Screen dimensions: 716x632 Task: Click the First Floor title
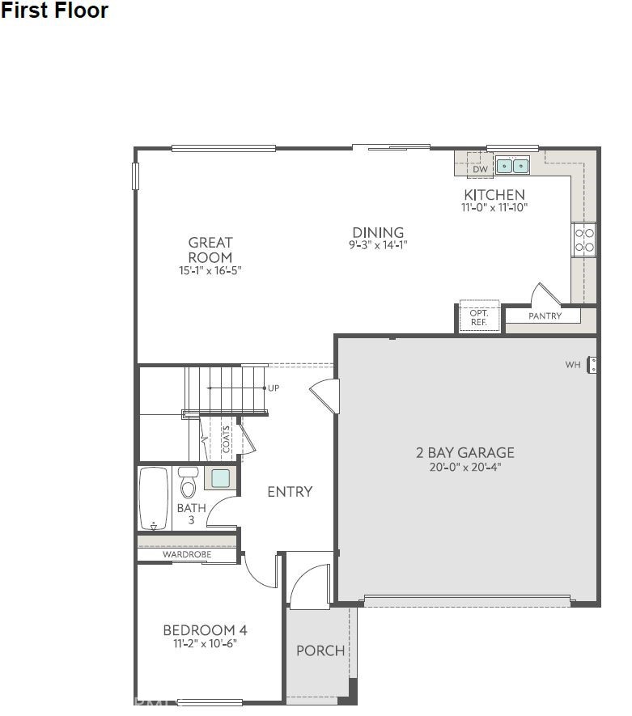point(54,11)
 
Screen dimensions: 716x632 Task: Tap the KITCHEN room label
point(494,195)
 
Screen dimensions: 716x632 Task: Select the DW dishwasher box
point(480,168)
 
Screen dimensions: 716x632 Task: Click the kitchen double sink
point(512,166)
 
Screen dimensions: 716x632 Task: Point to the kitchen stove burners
point(584,239)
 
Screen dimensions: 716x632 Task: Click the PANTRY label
point(545,316)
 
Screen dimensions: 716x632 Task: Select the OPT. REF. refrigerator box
point(478,317)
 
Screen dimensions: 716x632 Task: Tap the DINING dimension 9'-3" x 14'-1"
point(377,245)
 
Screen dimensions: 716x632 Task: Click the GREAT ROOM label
point(210,250)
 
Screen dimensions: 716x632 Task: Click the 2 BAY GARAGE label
point(464,453)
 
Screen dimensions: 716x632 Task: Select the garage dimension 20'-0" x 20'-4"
point(464,467)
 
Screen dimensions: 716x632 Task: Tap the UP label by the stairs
point(274,388)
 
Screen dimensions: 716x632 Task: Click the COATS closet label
point(227,438)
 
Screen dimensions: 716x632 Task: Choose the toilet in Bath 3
point(188,484)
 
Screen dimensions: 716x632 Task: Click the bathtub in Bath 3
point(154,498)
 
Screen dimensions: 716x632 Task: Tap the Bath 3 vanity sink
point(220,478)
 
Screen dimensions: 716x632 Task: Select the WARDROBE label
point(187,555)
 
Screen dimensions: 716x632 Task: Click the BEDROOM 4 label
point(205,631)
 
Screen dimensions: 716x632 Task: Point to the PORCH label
point(320,650)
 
